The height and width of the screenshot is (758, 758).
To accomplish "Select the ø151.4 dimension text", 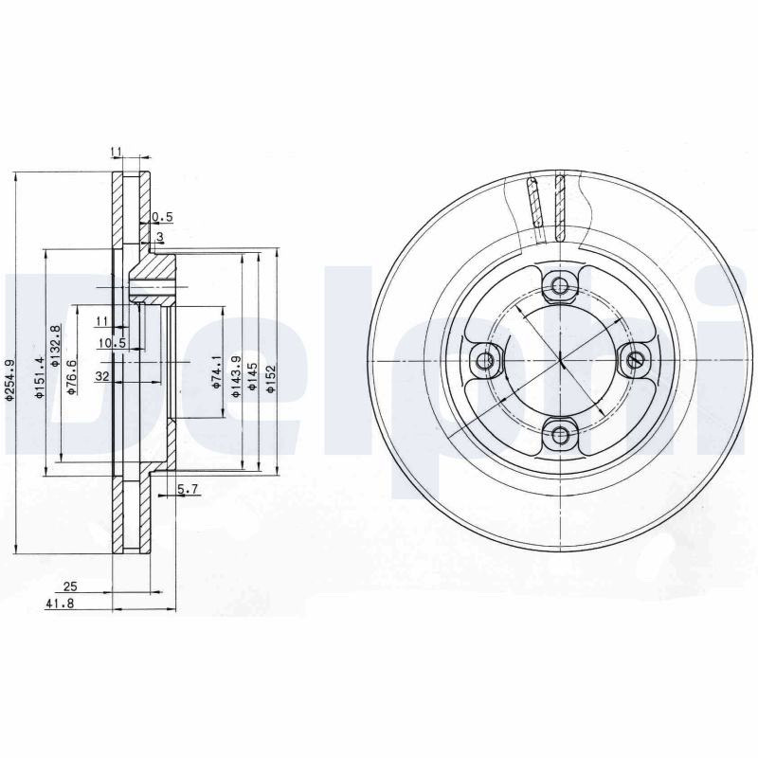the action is click(40, 378).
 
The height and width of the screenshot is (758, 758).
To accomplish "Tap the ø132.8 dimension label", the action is click(56, 345).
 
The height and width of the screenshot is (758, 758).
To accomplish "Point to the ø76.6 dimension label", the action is click(72, 377).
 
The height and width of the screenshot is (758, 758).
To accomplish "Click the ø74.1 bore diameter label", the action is click(216, 371).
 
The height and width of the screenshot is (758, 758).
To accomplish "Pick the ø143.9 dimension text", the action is click(235, 376).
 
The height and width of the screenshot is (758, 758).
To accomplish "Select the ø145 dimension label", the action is click(251, 376).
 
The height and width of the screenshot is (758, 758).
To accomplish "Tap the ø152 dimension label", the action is click(270, 377).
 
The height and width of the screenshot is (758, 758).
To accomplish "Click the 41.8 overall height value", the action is click(60, 604).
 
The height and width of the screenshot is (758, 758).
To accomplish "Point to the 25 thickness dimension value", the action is click(70, 587).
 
